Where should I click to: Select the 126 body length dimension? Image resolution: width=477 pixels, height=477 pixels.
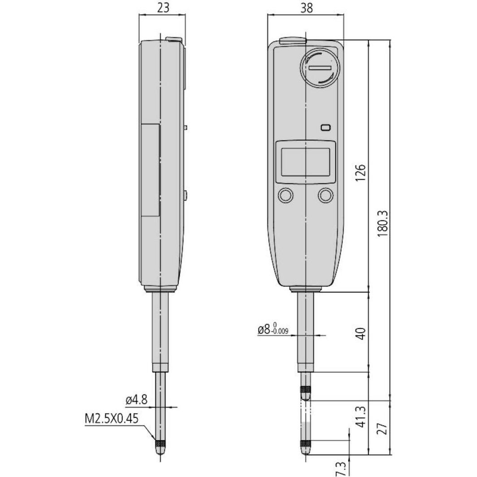coord(360,173)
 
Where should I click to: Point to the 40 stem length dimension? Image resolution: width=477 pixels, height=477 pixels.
coord(360,334)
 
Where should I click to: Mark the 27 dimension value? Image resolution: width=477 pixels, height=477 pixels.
coord(383,428)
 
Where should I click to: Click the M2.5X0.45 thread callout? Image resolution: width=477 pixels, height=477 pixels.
coord(111,419)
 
